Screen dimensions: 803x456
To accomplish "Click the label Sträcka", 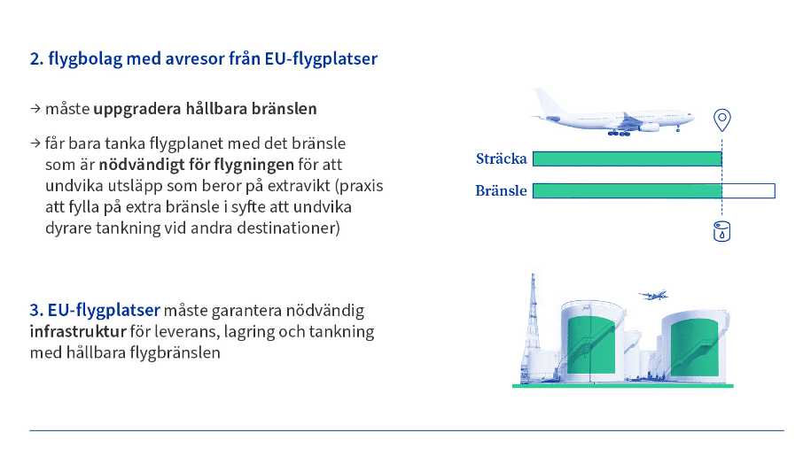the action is coord(502,158).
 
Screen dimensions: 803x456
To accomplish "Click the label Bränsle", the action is coord(501,190).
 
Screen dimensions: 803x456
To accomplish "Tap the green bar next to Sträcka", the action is coord(628,159).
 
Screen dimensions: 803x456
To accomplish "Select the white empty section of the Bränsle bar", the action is coord(748,191).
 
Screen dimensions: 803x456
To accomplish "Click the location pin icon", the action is coord(722,120).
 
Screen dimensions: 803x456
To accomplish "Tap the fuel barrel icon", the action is coord(722,231).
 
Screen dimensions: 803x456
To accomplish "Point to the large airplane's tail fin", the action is coord(549,102).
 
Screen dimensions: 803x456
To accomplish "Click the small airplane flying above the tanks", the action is coord(653,295).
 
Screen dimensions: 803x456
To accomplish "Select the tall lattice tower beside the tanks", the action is coord(532,328).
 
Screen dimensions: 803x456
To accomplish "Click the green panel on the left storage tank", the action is coord(591,345).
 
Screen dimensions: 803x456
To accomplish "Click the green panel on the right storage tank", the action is coord(695,348).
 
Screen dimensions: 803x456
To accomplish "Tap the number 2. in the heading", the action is coord(36,58).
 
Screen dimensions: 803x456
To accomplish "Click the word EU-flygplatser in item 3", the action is coord(104,310).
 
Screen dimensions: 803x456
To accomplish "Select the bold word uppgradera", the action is coord(137,110).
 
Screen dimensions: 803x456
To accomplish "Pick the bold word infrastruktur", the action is coord(78,332).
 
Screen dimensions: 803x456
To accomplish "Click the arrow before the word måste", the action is coord(35,109).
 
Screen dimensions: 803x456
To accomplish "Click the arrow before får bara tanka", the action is coord(35,143).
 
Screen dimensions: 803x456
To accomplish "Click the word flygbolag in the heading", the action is coord(85,59).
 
